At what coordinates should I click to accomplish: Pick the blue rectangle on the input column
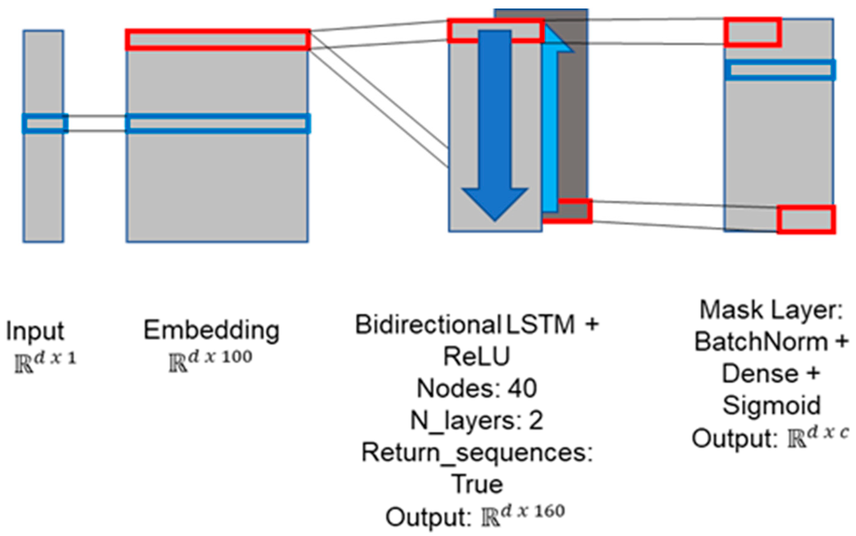[x=45, y=115]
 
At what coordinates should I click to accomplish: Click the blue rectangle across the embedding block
[x=218, y=115]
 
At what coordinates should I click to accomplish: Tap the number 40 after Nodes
[x=522, y=388]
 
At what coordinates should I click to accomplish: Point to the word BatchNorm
[x=761, y=342]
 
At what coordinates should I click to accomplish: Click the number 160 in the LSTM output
[x=549, y=512]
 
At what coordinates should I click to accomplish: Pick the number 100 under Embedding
[x=237, y=357]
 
